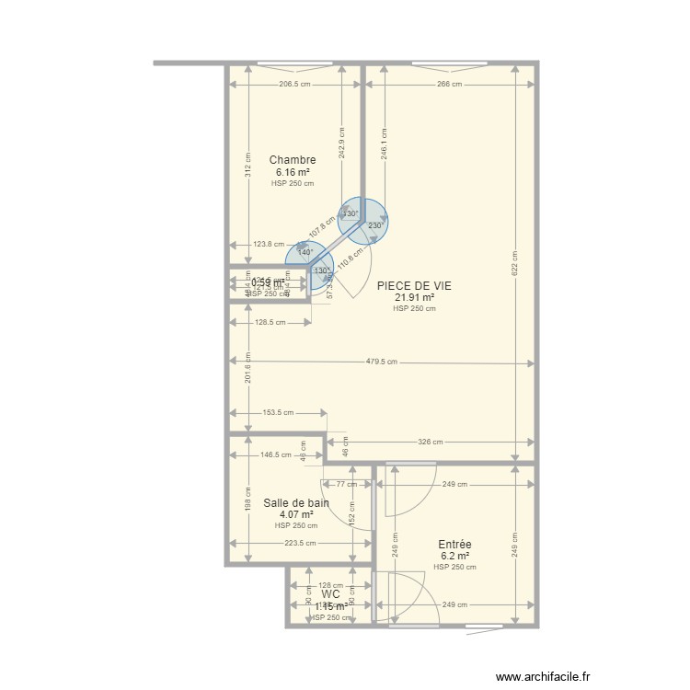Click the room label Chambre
[293, 160]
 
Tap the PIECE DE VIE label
[414, 286]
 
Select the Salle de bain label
[296, 503]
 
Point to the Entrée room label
[454, 545]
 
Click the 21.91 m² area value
[414, 298]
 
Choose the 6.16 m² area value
[293, 172]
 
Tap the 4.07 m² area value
[296, 515]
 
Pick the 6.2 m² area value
[454, 557]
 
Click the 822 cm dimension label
[515, 267]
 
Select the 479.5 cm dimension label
[382, 362]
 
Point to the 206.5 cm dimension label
[293, 85]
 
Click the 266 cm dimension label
[449, 85]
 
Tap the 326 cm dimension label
[431, 443]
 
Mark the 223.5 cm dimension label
[300, 544]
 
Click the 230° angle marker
[375, 225]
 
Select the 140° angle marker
[305, 252]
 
